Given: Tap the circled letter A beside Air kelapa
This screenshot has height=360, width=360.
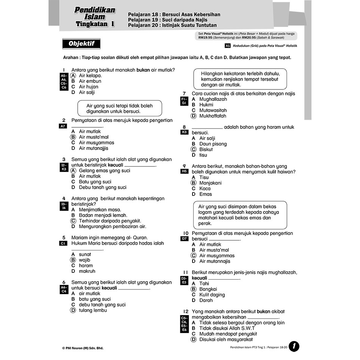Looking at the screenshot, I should [74, 75].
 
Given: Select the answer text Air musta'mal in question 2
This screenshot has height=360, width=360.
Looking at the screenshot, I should [94, 137].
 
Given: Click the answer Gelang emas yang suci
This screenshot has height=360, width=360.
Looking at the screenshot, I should [104, 171].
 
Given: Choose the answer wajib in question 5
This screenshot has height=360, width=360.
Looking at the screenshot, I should [85, 260].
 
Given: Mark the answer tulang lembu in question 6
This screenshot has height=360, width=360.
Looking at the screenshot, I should [93, 310].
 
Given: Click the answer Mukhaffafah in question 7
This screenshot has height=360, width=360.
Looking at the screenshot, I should [213, 116].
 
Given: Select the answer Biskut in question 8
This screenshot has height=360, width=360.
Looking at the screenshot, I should [206, 149].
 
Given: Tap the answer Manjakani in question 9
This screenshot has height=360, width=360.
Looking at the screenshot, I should [210, 183].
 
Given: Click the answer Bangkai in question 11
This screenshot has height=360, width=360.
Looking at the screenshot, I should [209, 289].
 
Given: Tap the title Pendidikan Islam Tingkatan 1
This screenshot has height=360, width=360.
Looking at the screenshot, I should [95, 17].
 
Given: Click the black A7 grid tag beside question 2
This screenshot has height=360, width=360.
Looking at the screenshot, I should [64, 126].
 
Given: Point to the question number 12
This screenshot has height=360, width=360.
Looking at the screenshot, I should [185, 311].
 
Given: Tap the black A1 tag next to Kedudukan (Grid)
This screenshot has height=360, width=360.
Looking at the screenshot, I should [228, 45].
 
